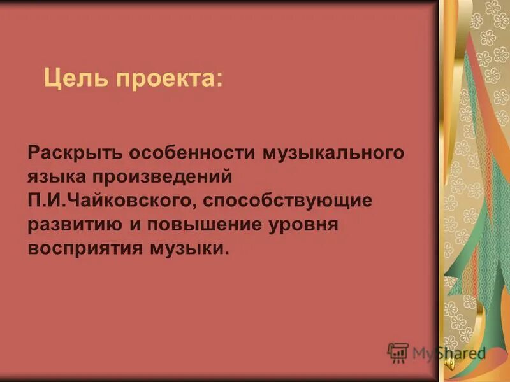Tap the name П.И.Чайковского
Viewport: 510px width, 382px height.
[115, 201]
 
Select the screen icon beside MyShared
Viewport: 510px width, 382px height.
[398, 353]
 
